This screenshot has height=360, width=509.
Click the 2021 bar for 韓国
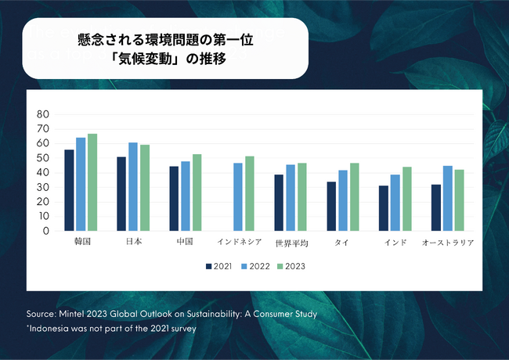point(69,190)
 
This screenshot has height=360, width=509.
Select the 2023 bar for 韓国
point(92,182)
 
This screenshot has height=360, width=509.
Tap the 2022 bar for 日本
point(133,187)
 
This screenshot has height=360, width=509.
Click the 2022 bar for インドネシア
point(238,197)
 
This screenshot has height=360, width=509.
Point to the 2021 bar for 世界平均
point(279,203)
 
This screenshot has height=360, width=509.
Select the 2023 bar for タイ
point(355,197)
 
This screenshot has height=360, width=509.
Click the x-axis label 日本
point(133,243)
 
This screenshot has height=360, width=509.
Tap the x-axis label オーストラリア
point(448,243)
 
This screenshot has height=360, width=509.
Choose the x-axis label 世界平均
point(291,243)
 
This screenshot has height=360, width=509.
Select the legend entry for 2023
point(291,266)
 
